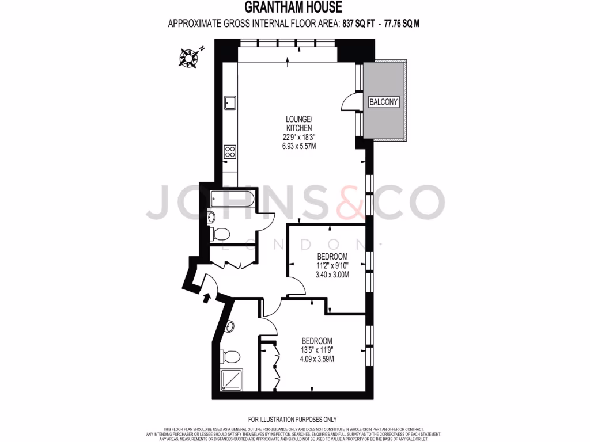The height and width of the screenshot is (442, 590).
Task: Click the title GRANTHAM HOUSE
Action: (293, 7)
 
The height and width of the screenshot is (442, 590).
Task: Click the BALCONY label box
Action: (384, 102)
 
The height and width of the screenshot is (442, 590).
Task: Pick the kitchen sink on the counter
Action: (230, 102)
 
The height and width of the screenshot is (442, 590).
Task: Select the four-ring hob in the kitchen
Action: (230, 152)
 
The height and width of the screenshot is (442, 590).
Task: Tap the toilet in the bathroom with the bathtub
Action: (218, 233)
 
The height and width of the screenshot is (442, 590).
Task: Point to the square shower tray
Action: (232, 380)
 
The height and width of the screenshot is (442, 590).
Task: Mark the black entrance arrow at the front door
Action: (206, 298)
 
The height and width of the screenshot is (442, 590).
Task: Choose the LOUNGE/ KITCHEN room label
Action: (299, 124)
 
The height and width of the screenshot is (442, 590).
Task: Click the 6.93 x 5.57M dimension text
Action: (299, 146)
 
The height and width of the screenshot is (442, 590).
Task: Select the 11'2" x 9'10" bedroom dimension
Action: (332, 265)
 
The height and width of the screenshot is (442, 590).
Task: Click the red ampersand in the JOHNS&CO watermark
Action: (351, 202)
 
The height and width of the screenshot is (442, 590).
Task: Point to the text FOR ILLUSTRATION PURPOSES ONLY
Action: (292, 420)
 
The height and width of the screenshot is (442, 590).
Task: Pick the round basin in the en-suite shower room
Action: (231, 327)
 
